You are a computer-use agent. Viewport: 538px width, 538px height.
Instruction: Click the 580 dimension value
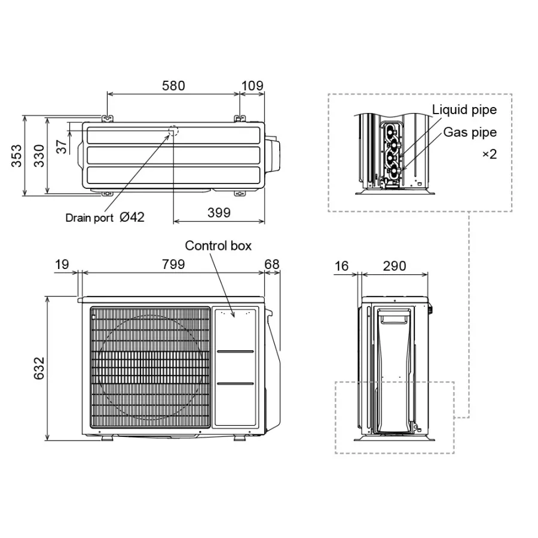(173, 85)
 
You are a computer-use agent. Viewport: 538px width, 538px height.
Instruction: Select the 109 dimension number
(252, 85)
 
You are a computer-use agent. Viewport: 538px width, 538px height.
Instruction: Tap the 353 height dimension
(17, 156)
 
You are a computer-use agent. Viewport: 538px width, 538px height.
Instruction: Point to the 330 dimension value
(39, 156)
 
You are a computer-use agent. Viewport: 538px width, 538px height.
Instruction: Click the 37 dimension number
(62, 146)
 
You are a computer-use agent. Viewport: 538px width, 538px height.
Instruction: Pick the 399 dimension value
(219, 213)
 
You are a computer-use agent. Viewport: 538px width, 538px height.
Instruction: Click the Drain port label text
(89, 218)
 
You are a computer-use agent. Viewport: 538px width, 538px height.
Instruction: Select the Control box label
(218, 246)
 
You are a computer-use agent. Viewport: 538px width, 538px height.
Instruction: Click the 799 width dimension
(173, 265)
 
